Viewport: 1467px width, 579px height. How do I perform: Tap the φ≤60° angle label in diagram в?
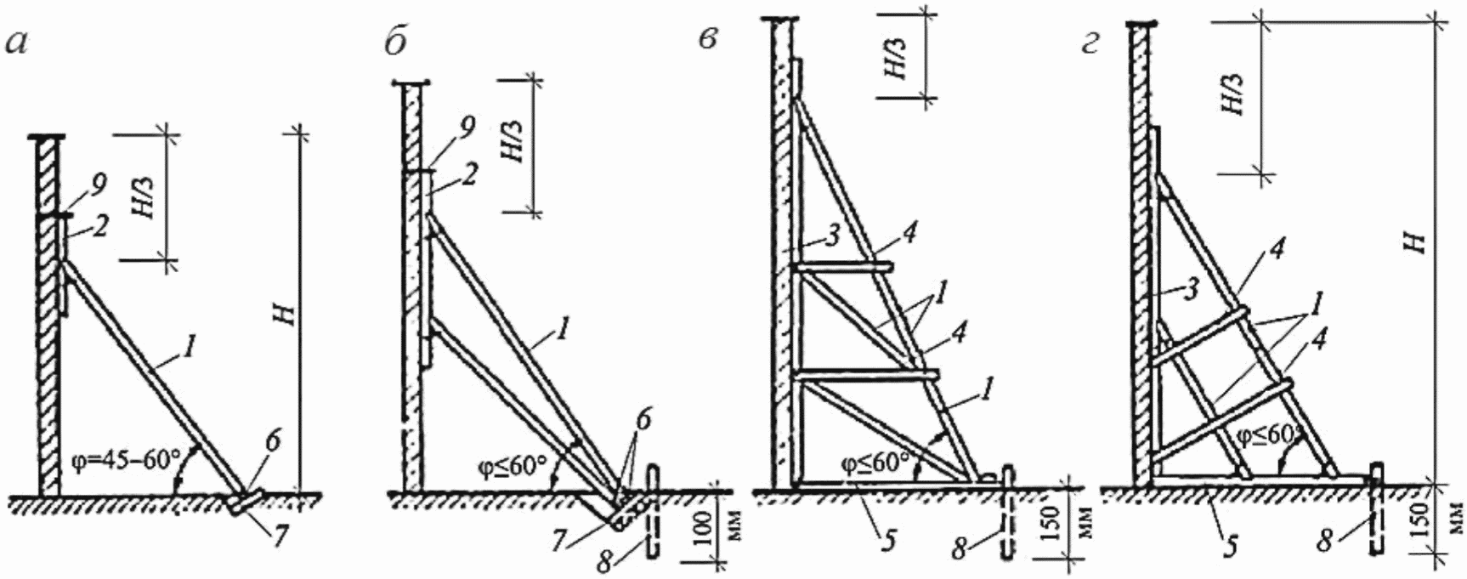875,463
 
